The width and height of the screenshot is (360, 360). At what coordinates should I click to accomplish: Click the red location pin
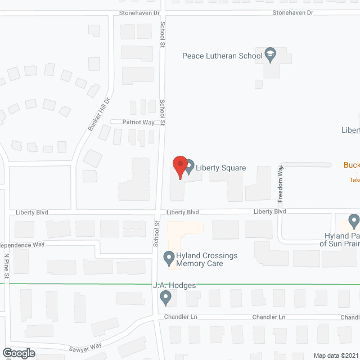pos(179,166)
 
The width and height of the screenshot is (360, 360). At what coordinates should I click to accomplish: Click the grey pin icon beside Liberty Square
pos(190,167)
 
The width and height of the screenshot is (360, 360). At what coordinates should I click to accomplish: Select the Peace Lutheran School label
pos(222,56)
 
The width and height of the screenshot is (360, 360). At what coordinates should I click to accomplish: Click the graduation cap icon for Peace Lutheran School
pos(271,55)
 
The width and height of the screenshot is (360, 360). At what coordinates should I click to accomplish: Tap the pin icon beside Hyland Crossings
pos(168,259)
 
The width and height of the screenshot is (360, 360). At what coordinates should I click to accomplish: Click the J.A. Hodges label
pos(174,286)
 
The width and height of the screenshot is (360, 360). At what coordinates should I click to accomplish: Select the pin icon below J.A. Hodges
pos(165,299)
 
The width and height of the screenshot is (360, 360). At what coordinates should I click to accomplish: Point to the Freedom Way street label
pos(281,183)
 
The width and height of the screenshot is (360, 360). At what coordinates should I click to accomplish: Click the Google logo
pos(18,353)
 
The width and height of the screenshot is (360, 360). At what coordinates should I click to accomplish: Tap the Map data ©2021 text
pos(335,355)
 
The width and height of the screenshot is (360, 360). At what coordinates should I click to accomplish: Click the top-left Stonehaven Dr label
pos(140,12)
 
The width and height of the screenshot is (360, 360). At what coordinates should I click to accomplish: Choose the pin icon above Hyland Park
pos(353,220)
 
